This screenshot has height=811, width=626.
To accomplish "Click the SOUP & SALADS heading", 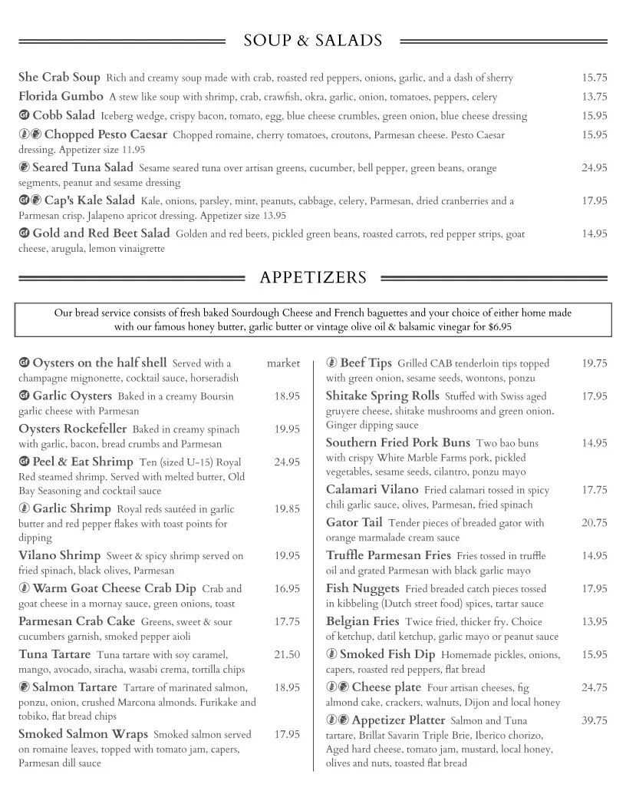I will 313,41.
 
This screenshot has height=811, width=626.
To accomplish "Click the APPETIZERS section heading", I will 313,277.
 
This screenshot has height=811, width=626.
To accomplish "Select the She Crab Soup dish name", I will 59,78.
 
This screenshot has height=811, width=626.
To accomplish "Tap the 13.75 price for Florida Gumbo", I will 594,97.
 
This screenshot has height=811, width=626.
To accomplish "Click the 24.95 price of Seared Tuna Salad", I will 594,167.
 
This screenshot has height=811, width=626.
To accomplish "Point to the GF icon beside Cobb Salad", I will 24,116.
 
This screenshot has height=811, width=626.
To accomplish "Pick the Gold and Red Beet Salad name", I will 100,233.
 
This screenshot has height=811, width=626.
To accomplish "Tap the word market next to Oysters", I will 283,363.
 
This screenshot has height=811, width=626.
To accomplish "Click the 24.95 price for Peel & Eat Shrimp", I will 287,462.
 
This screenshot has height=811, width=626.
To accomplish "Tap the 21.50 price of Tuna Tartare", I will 287,654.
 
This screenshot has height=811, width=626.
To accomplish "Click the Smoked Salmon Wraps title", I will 83,734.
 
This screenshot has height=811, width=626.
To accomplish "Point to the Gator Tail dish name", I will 354,522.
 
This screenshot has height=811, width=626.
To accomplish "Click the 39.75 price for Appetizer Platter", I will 594,720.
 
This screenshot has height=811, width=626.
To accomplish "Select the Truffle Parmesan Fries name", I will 388,555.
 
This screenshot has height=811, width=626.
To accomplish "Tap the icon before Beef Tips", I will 331,363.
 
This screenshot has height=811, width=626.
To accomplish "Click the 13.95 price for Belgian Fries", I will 594,621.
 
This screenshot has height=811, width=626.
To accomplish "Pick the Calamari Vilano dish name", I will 372,489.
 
